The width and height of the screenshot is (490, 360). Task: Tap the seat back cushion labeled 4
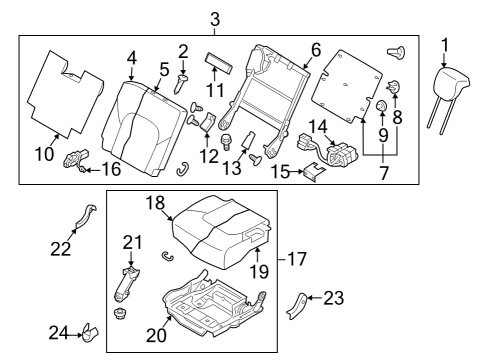click(x=146, y=120)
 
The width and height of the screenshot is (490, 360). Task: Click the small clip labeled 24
click(x=89, y=331)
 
